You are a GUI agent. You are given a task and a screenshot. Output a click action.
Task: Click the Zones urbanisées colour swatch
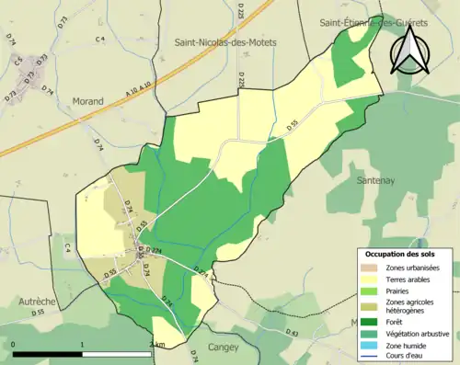[371, 267]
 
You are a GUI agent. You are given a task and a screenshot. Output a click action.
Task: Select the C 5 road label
[18, 60]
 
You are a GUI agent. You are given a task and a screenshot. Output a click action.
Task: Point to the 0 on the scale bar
[14, 345]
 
